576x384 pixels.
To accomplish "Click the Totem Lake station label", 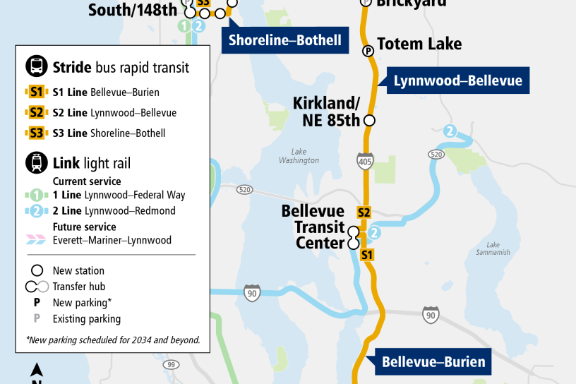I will click(419, 44).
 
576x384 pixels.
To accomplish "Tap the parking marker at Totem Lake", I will click(368, 51).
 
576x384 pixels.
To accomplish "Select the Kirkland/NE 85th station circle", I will click(369, 119).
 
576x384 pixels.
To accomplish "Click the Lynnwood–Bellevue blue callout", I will click(457, 80).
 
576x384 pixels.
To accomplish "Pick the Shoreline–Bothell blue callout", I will click(284, 40).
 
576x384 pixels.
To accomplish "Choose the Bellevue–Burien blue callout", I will click(433, 362).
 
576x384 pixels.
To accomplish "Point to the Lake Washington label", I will click(299, 156).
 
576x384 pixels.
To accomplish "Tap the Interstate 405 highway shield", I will click(365, 160).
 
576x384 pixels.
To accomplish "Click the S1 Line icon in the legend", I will click(36, 92).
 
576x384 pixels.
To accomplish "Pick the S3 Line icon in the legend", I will click(36, 133).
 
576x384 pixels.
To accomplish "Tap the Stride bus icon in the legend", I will click(36, 67).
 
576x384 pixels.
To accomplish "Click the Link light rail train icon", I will click(36, 164).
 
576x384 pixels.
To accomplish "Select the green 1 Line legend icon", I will click(36, 195).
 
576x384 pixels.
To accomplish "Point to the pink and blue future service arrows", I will click(36, 240).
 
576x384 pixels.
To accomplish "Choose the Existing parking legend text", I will click(86, 318).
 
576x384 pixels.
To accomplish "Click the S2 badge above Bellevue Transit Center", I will click(364, 212).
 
